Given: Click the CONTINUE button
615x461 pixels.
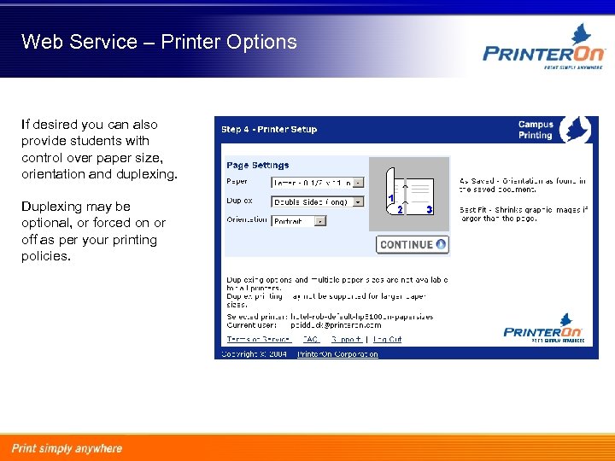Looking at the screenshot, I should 413,244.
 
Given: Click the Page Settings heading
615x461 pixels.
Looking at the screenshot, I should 257,166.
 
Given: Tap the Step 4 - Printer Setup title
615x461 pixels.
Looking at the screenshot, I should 268,130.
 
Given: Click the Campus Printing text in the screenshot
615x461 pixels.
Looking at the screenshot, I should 536,130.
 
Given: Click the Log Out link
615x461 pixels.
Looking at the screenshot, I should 387,339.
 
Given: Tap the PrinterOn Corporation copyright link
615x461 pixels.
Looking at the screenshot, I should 337,354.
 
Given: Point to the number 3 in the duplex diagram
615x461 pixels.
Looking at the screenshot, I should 429,209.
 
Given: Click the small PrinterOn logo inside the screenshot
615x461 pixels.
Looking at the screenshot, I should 543,331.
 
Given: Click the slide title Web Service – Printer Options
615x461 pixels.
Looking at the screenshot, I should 159,42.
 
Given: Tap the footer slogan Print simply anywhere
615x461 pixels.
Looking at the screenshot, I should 67,448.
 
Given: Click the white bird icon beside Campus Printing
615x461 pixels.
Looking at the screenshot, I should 576,130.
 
